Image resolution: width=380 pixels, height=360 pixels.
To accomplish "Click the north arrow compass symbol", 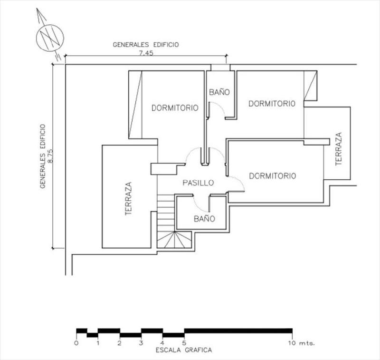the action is pyautogui.click(x=50, y=38).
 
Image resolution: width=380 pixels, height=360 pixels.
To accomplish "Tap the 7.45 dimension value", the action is pyautogui.click(x=146, y=53).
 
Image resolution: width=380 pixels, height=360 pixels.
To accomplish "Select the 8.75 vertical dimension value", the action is pyautogui.click(x=50, y=156).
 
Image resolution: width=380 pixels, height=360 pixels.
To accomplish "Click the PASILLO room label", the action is pyautogui.click(x=198, y=183).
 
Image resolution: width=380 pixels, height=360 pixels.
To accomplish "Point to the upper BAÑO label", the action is pyautogui.click(x=219, y=92).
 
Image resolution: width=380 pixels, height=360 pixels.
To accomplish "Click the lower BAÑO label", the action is pyautogui.click(x=204, y=219).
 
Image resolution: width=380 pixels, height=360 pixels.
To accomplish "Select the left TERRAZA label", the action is pyautogui.click(x=128, y=199).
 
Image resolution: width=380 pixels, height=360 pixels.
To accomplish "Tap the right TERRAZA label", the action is pyautogui.click(x=339, y=149).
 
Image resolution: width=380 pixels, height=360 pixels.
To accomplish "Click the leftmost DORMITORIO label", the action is pyautogui.click(x=175, y=107).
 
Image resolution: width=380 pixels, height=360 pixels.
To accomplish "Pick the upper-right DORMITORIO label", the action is pyautogui.click(x=272, y=104).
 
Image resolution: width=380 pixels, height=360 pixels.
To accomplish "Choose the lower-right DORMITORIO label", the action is pyautogui.click(x=272, y=175).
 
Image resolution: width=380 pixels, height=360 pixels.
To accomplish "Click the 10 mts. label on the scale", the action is pyautogui.click(x=301, y=343).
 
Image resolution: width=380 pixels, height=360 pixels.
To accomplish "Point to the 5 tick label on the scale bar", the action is pyautogui.click(x=184, y=343).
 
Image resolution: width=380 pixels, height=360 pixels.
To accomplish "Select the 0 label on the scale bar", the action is pyautogui.click(x=76, y=343).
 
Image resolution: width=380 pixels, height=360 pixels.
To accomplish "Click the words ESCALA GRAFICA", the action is pyautogui.click(x=184, y=350).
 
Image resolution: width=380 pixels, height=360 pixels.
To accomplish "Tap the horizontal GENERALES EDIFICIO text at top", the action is pyautogui.click(x=146, y=45).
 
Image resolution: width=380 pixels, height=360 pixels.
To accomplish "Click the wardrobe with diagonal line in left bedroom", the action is pyautogui.click(x=135, y=105).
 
